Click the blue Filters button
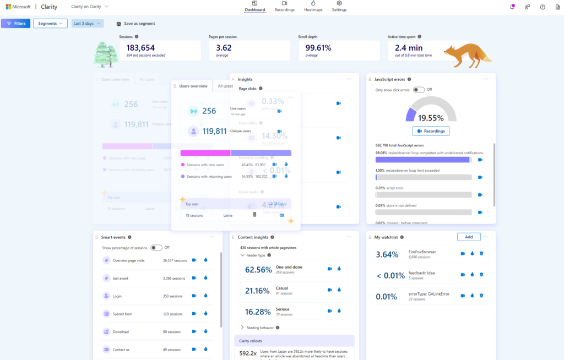point(15,24)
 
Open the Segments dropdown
point(50,24)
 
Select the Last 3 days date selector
point(87,24)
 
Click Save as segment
point(135,24)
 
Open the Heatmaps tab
point(313,7)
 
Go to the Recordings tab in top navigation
point(284,7)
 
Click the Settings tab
point(339,7)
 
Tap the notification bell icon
point(512,7)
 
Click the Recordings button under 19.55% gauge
point(431,131)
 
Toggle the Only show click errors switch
point(419,90)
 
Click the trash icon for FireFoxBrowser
point(481,254)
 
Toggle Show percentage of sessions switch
point(156,248)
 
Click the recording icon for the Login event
point(194,296)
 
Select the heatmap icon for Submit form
point(205,314)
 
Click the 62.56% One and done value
point(258,270)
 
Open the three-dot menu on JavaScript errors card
point(485,79)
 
